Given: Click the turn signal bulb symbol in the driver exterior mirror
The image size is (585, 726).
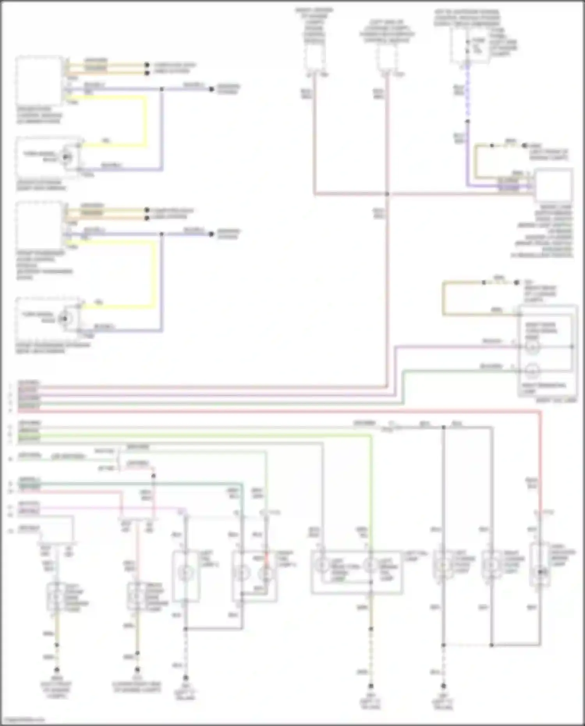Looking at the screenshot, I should coord(67,157).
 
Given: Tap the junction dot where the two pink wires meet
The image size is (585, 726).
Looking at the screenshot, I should coord(387,194).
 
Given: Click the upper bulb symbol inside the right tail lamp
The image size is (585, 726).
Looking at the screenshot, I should coord(532,347).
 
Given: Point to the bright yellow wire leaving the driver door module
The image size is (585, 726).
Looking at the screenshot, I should coord(146,121).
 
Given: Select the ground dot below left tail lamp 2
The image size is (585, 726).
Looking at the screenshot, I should coord(186,678).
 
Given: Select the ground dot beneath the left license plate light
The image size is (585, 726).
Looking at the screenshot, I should coord(443,686).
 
